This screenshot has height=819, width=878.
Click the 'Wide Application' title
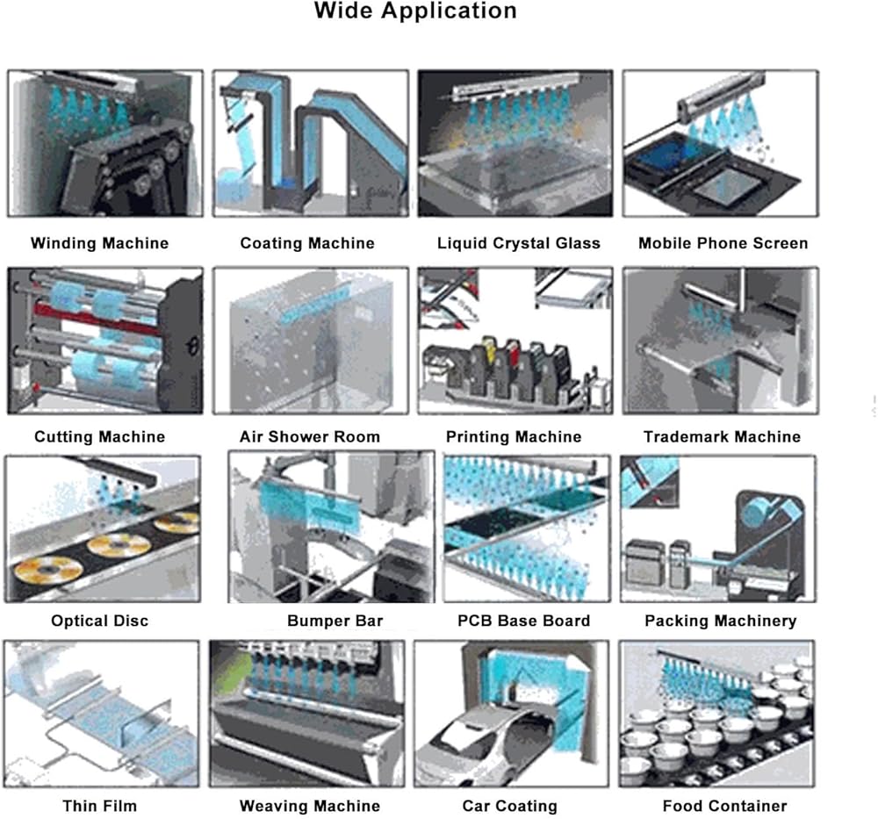[x=415, y=11]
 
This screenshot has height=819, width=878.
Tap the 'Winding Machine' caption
[x=100, y=243]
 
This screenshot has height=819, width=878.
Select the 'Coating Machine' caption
[x=307, y=243]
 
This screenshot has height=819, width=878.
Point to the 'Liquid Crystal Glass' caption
[x=519, y=243]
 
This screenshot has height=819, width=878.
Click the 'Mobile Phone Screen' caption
[x=723, y=243]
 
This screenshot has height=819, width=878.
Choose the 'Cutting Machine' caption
[x=100, y=436]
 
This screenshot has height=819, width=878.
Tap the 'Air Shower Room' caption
[x=310, y=436]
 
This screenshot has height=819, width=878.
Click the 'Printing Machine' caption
[x=514, y=436]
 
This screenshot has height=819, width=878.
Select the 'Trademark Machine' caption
[x=722, y=436]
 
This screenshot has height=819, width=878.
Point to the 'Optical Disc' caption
[x=100, y=621]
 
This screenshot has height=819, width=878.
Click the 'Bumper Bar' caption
[x=335, y=621]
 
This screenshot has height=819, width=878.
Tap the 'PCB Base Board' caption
[x=523, y=621]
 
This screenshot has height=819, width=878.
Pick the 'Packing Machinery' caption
[x=720, y=621]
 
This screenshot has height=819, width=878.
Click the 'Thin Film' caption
[x=100, y=806]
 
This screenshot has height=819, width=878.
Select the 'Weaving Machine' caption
[x=310, y=806]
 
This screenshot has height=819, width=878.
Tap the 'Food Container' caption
[x=724, y=806]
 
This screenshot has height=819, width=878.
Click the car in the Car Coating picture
[x=481, y=744]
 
